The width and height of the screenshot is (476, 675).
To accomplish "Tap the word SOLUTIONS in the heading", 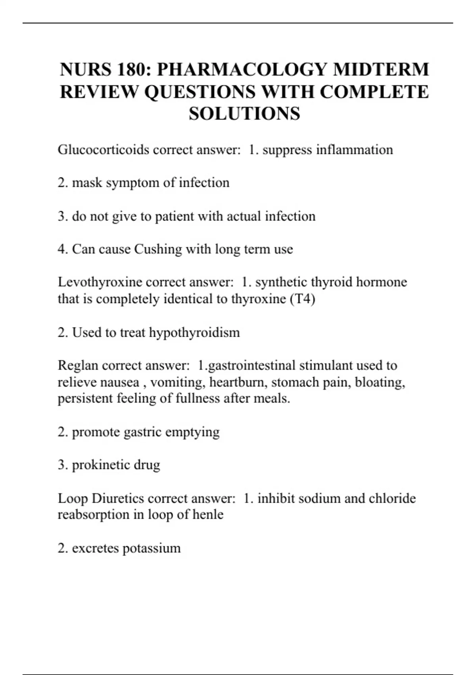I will pyautogui.click(x=244, y=114).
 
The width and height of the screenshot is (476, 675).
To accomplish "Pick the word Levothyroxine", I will pyautogui.click(x=100, y=282).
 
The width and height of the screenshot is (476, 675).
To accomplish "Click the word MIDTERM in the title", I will pyautogui.click(x=381, y=70).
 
